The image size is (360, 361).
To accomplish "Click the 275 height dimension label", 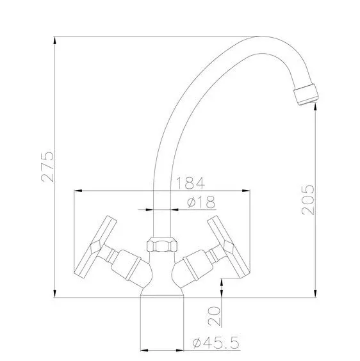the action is click(47, 166).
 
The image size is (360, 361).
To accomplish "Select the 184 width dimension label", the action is click(190, 183).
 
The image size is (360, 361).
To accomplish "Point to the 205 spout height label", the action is click(308, 200).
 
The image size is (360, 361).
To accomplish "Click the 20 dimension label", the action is click(214, 316).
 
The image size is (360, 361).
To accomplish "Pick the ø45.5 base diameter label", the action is click(216, 342).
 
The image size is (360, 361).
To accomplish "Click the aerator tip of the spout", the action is click(306, 94).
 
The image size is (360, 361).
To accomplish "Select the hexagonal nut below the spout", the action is click(162, 245).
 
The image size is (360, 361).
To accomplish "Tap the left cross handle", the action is click(95, 247).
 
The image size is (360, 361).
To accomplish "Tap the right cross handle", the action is click(229, 247).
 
